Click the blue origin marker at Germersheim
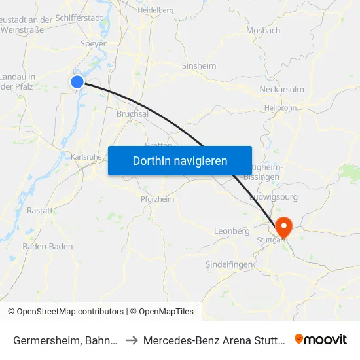pyautogui.click(x=77, y=81)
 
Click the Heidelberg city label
pyautogui.click(x=155, y=10)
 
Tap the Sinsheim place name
pyautogui.click(x=199, y=66)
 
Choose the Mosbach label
pyautogui.click(x=263, y=30)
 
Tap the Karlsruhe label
pyautogui.click(x=86, y=157)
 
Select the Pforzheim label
pyautogui.click(x=157, y=199)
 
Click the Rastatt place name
pyautogui.click(x=40, y=210)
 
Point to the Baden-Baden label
pyautogui.click(x=48, y=247)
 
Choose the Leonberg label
pyautogui.click(x=232, y=231)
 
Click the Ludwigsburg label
pyautogui.click(x=274, y=196)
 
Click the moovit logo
pyautogui.click(x=321, y=339)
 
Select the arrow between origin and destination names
pyautogui.click(x=131, y=340)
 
